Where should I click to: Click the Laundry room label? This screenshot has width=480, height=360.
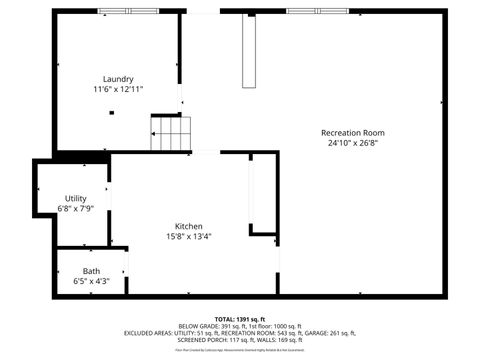pos(118,79)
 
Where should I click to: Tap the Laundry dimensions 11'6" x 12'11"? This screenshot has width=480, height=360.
pos(118,89)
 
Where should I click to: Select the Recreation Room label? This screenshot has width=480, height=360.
pos(352,133)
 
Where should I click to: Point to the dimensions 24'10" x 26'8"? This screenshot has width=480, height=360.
pos(352,143)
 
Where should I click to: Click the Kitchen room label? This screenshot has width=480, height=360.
pos(189,226)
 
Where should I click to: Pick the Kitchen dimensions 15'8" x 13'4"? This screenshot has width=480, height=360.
pos(189,237)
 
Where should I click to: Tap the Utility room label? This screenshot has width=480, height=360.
pos(76,199)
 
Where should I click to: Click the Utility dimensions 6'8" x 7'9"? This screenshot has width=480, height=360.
pos(76,209)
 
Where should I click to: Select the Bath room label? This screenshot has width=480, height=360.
pos(91,271)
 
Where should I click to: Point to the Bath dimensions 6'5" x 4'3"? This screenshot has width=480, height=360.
pos(91,282)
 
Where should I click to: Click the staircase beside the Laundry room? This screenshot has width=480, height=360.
pos(170,133)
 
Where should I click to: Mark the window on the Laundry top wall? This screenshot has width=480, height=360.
pos(128,11)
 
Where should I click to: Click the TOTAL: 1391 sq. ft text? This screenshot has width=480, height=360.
pos(239,317)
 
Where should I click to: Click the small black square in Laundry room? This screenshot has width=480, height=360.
pos(112,114)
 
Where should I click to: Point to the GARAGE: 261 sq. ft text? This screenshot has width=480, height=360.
pos(330,333)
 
